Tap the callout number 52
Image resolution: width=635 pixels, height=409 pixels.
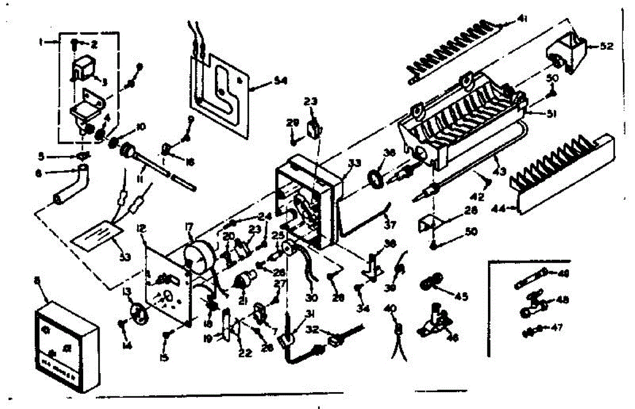[x=606, y=47]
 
